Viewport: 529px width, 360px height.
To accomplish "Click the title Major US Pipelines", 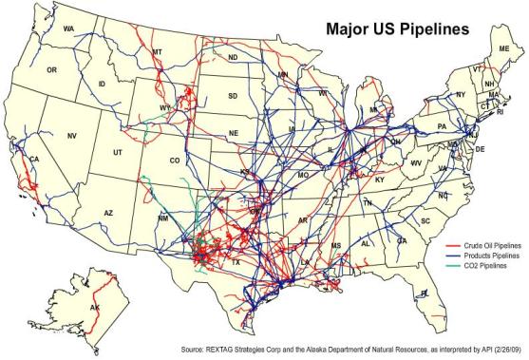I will click(397, 28).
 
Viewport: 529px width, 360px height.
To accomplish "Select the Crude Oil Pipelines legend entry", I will click(483, 244).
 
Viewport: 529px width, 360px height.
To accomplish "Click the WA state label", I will click(68, 29).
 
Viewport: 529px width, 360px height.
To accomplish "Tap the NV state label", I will click(71, 136).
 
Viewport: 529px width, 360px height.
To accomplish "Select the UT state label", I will click(118, 152).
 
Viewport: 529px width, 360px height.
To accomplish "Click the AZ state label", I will click(108, 212).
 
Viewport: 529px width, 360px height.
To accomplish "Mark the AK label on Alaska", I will click(94, 309).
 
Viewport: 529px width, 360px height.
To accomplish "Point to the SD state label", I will click(234, 96).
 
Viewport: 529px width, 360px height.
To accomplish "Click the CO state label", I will click(174, 161).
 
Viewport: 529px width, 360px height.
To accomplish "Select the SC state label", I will click(425, 220).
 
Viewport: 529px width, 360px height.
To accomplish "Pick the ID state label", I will click(102, 85).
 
